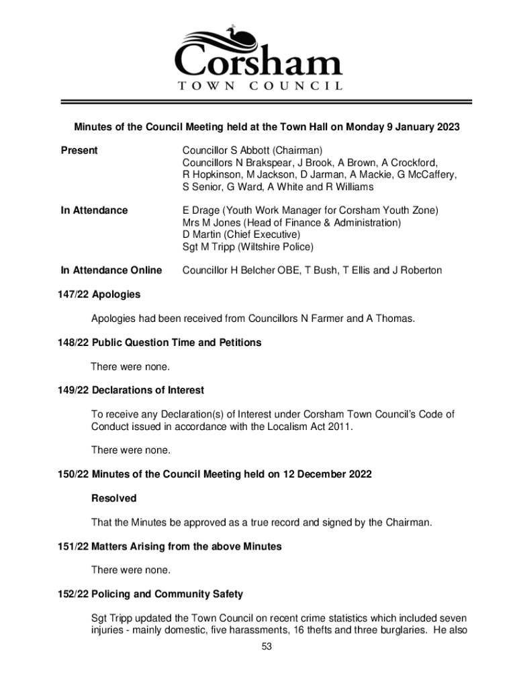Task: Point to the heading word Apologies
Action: pyautogui.click(x=116, y=294)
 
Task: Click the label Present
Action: pyautogui.click(x=79, y=150)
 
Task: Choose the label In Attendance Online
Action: pyautogui.click(x=111, y=270)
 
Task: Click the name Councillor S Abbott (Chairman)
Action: pyautogui.click(x=252, y=150)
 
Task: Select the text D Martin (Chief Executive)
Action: pyautogui.click(x=240, y=234)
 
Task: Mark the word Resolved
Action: pyautogui.click(x=113, y=499)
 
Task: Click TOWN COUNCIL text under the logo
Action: pyautogui.click(x=259, y=85)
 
